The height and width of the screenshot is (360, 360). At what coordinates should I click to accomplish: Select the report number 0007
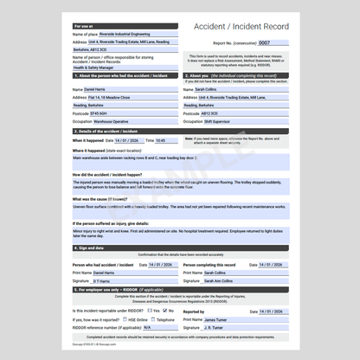(x=265, y=42)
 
